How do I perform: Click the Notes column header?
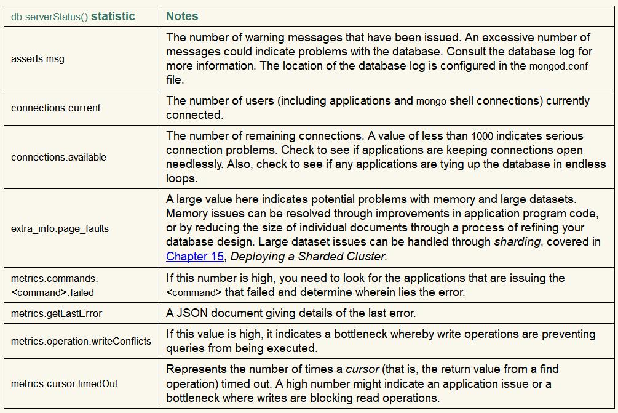pos(182,16)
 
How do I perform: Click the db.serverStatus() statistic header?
pos(73,17)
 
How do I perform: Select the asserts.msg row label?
pos(38,59)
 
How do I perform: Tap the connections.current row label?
pos(55,108)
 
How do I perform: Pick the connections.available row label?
pos(58,157)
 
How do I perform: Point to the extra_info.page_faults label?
pos(60,228)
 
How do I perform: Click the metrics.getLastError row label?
pos(57,313)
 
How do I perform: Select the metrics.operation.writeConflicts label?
pos(81,341)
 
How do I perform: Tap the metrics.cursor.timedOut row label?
pos(64,383)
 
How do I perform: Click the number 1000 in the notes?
pos(482,136)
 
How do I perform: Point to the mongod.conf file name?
pos(558,66)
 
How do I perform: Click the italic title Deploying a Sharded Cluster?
pos(307,256)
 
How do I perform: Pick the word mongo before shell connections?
pos(431,101)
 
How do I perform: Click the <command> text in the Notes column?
pos(193,292)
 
